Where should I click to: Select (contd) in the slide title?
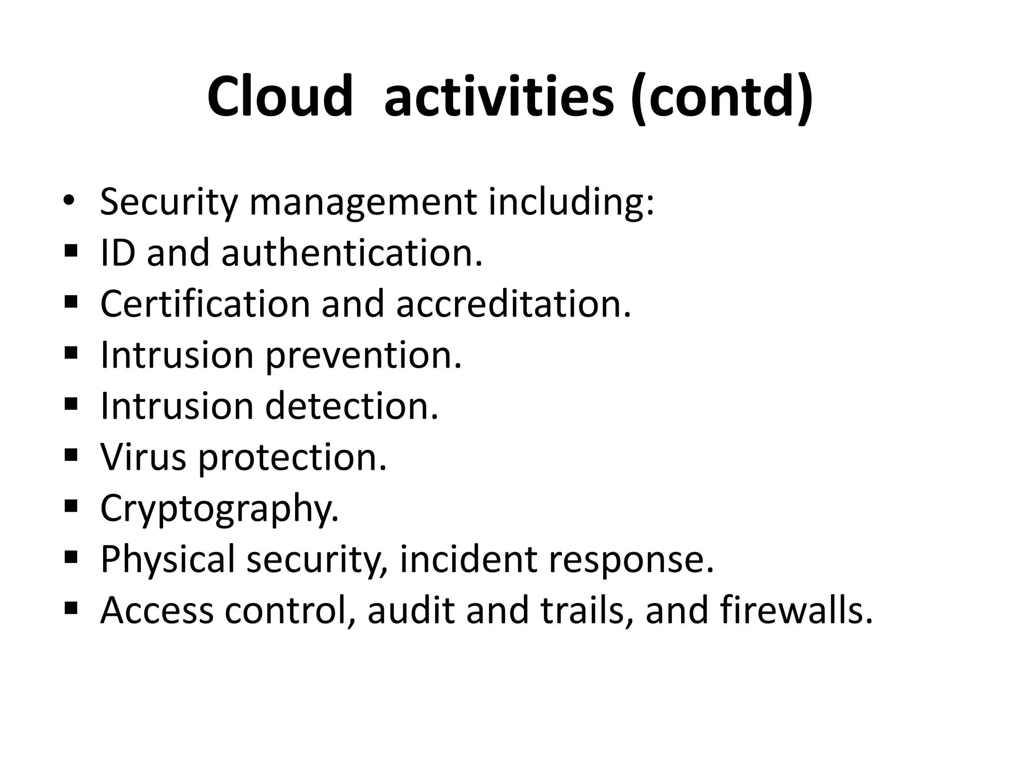coord(722,97)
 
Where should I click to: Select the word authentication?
coord(352,252)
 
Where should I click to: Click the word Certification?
coord(205,304)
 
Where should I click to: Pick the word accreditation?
coord(513,304)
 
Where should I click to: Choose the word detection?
coord(351,406)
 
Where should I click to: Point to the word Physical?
coord(168,560)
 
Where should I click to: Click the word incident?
coord(468,560)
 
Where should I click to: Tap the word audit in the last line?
coord(411,610)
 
